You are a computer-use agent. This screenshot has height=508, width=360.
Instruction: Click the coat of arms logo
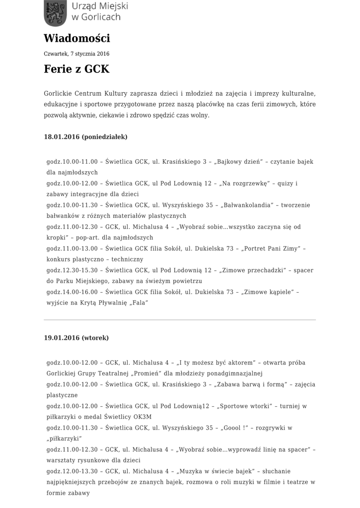tap(55, 13)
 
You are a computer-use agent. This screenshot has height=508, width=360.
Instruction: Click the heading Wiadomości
tap(76, 38)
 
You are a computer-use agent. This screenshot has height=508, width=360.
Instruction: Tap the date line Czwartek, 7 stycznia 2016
tap(76, 54)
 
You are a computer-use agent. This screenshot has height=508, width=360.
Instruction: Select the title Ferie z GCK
tap(76, 69)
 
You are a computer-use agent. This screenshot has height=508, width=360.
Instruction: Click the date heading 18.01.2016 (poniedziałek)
tap(86, 136)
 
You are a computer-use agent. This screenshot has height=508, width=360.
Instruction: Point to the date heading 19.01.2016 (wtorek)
tap(76, 338)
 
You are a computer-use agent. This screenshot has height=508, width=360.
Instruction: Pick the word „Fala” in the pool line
tap(139, 303)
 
